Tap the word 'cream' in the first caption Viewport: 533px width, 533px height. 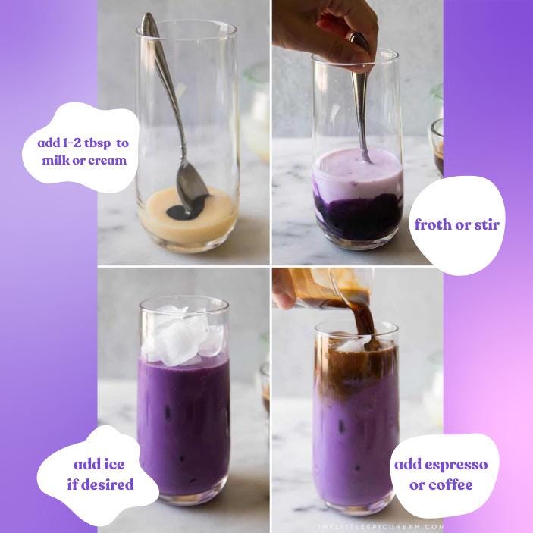tap(106, 160)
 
